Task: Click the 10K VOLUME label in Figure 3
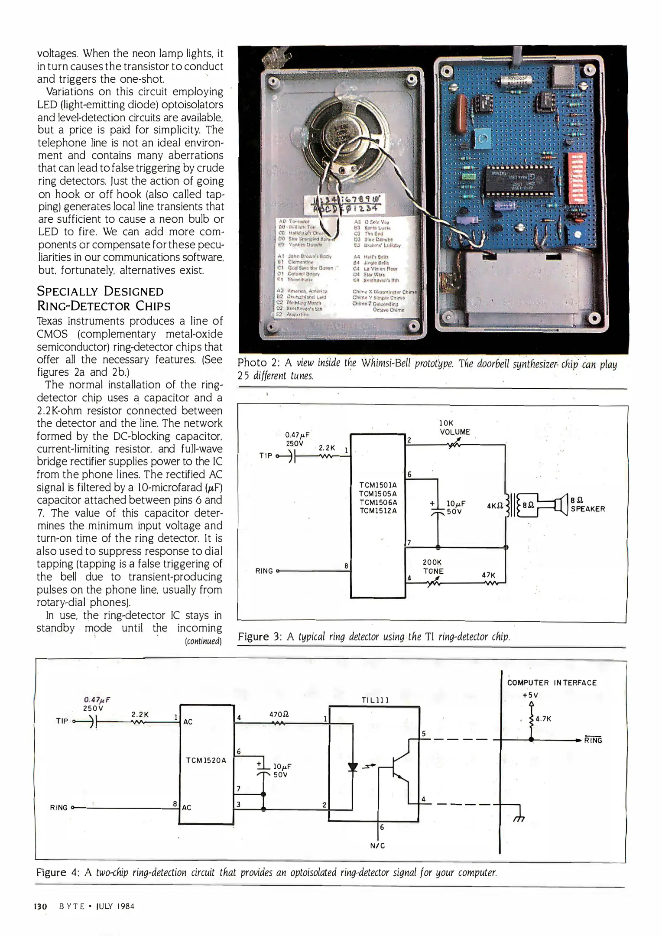(x=454, y=427)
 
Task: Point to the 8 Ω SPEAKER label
(x=587, y=505)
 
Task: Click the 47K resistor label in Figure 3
(x=488, y=575)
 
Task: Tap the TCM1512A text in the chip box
(x=378, y=510)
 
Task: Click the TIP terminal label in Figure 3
(x=266, y=455)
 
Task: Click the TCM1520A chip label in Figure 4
(x=206, y=760)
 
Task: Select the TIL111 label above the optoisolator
(x=375, y=700)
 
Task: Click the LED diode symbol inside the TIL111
(x=353, y=767)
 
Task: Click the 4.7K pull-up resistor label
(x=543, y=719)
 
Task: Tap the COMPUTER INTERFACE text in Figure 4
(x=552, y=682)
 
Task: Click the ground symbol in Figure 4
(x=519, y=816)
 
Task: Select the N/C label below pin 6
(x=377, y=845)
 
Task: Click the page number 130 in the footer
(x=40, y=906)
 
